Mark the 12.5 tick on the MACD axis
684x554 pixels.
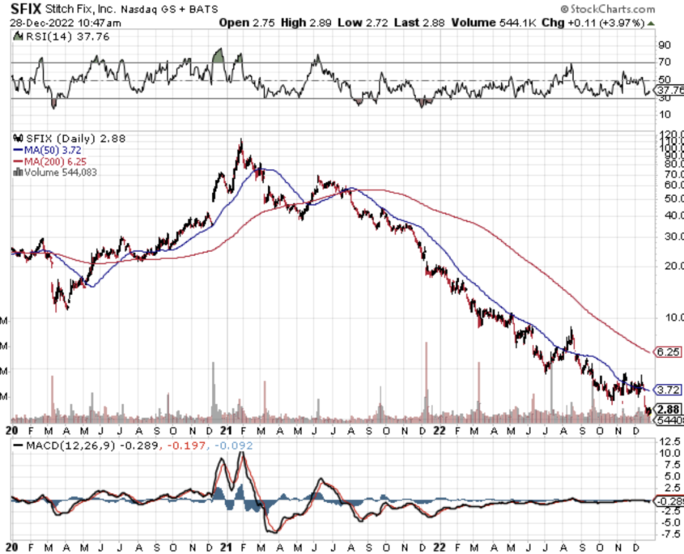669,441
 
